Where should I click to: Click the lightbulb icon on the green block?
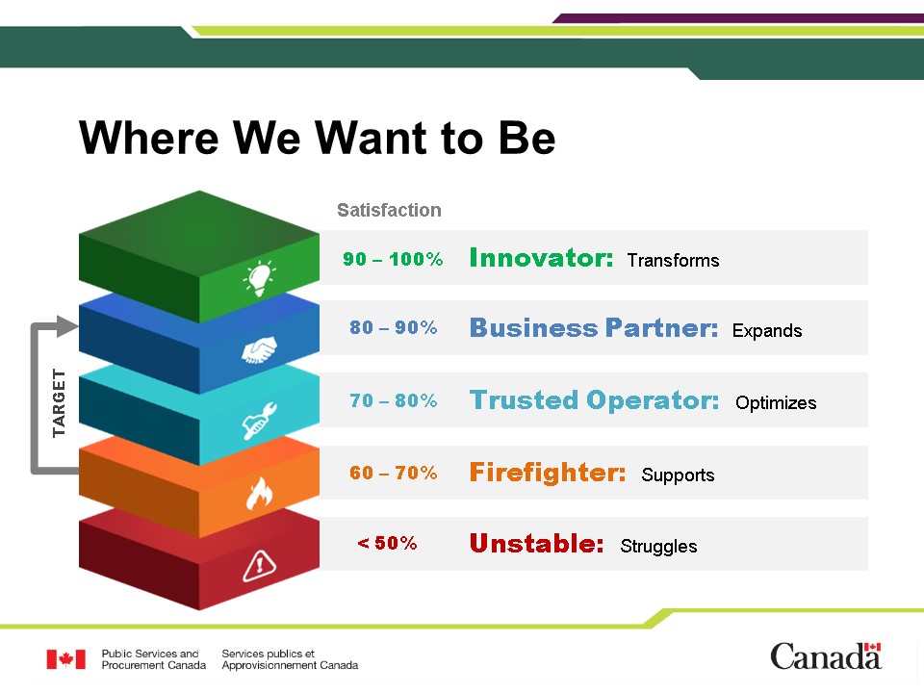click(260, 277)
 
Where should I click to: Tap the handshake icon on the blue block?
click(259, 349)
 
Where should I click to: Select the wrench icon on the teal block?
click(259, 421)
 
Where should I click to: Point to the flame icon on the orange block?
click(259, 493)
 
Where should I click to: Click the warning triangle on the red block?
click(259, 566)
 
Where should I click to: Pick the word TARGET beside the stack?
click(59, 403)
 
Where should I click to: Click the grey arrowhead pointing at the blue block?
click(66, 326)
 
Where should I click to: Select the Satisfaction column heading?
click(389, 210)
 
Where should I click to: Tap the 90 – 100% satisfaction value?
click(393, 259)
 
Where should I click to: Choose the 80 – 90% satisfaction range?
click(393, 327)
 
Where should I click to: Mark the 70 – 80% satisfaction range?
click(393, 400)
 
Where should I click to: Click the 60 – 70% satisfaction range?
click(393, 472)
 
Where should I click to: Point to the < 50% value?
click(387, 543)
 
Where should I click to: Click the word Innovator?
click(541, 258)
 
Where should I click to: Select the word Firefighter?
click(548, 472)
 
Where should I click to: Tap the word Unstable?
click(536, 543)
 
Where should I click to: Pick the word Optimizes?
click(776, 403)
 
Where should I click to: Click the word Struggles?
click(658, 547)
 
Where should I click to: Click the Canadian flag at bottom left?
click(66, 659)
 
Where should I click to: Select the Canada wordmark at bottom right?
click(826, 655)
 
